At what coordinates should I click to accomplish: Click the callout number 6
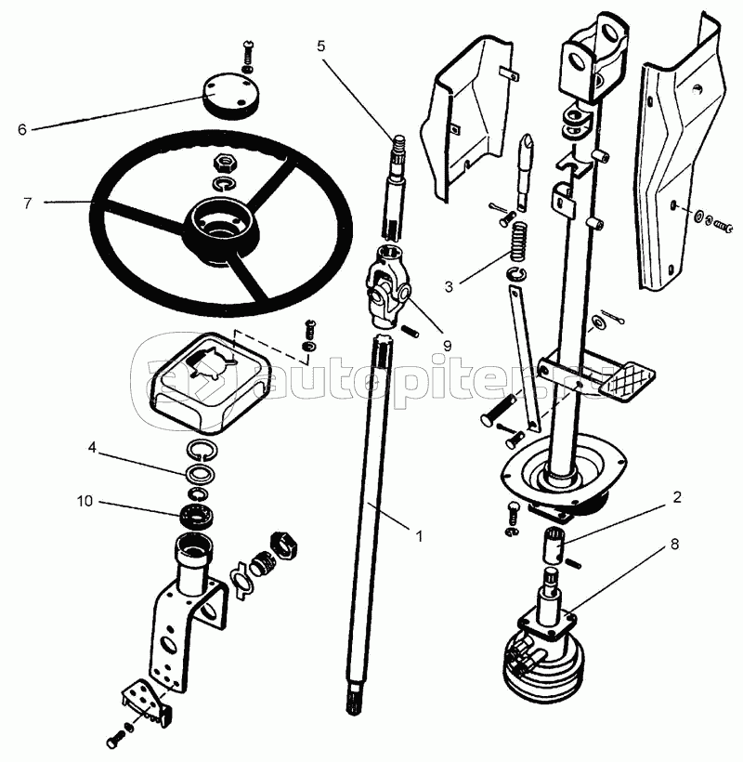click(x=21, y=129)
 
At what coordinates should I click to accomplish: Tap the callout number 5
click(x=320, y=45)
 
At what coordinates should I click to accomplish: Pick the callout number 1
click(x=419, y=536)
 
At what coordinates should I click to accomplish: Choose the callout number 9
click(x=447, y=345)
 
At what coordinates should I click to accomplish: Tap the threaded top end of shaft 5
click(x=398, y=145)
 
